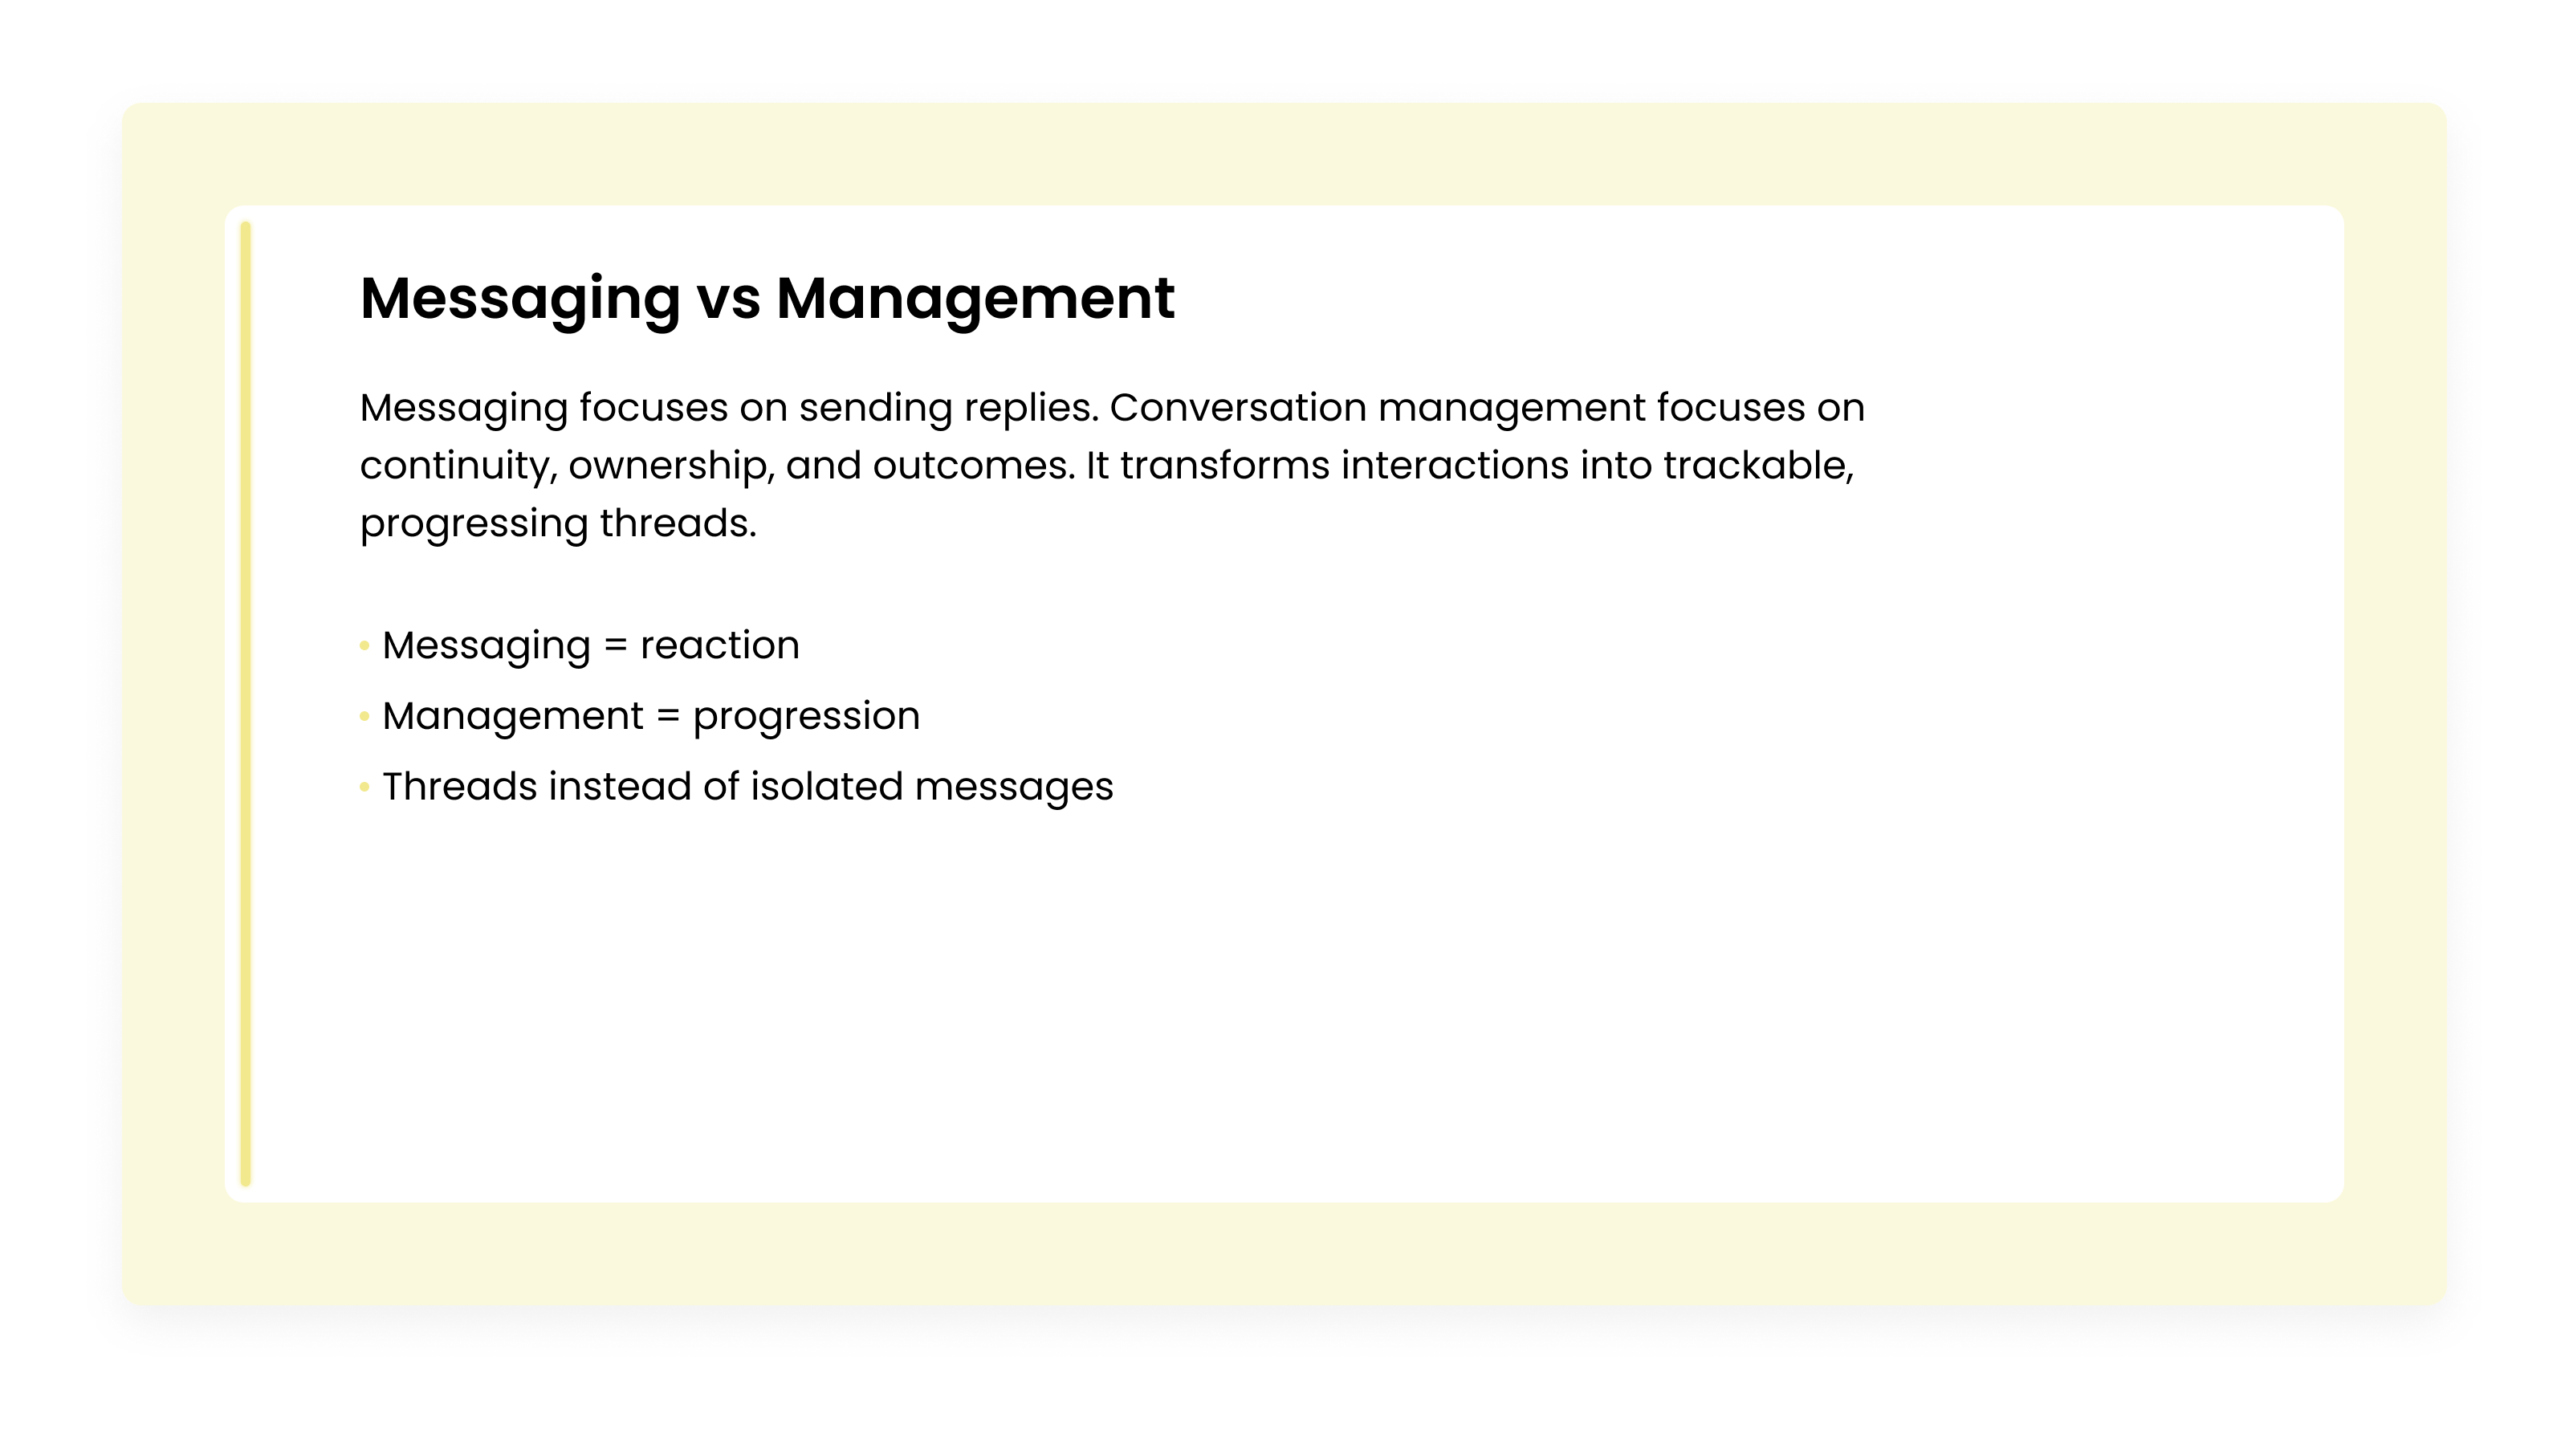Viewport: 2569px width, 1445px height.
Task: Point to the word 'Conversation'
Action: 1238,408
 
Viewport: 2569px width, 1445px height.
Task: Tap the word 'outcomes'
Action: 973,466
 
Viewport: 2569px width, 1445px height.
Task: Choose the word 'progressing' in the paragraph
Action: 474,523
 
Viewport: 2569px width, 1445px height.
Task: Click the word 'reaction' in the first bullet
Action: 719,645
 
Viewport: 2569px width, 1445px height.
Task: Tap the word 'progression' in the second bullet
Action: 806,716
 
